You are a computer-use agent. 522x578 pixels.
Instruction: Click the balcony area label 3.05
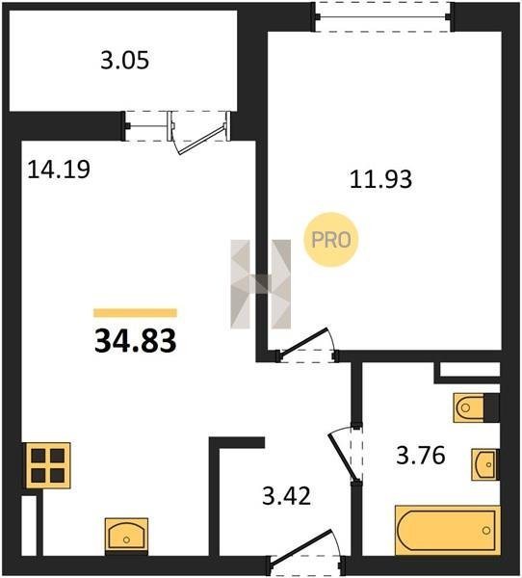pyautogui.click(x=124, y=61)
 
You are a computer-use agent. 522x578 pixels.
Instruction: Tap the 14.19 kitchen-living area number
pyautogui.click(x=59, y=170)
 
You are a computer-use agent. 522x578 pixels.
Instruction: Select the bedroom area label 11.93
pyautogui.click(x=380, y=179)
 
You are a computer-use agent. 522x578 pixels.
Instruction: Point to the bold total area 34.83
pyautogui.click(x=135, y=341)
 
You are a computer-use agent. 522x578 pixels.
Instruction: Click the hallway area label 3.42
pyautogui.click(x=287, y=496)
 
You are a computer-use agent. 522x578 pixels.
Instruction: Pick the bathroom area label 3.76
pyautogui.click(x=421, y=456)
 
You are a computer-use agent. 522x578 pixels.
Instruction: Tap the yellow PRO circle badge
pyautogui.click(x=331, y=240)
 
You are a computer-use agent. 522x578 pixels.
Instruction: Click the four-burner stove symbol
pyautogui.click(x=47, y=465)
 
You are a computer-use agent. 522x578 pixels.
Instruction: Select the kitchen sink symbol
pyautogui.click(x=126, y=538)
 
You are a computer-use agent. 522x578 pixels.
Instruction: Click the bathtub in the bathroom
pyautogui.click(x=448, y=531)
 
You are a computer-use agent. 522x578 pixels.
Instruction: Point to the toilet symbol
pyautogui.click(x=477, y=407)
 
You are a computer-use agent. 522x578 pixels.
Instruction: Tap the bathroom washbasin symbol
pyautogui.click(x=485, y=465)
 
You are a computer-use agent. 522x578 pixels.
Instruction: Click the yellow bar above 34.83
pyautogui.click(x=135, y=313)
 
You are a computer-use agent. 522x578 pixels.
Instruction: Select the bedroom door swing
pyautogui.click(x=307, y=343)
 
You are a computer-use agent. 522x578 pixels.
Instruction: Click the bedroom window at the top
pyautogui.click(x=383, y=17)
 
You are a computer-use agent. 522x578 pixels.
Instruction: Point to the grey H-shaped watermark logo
pyautogui.click(x=261, y=284)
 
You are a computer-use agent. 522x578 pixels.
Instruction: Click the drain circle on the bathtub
pyautogui.click(x=486, y=531)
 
